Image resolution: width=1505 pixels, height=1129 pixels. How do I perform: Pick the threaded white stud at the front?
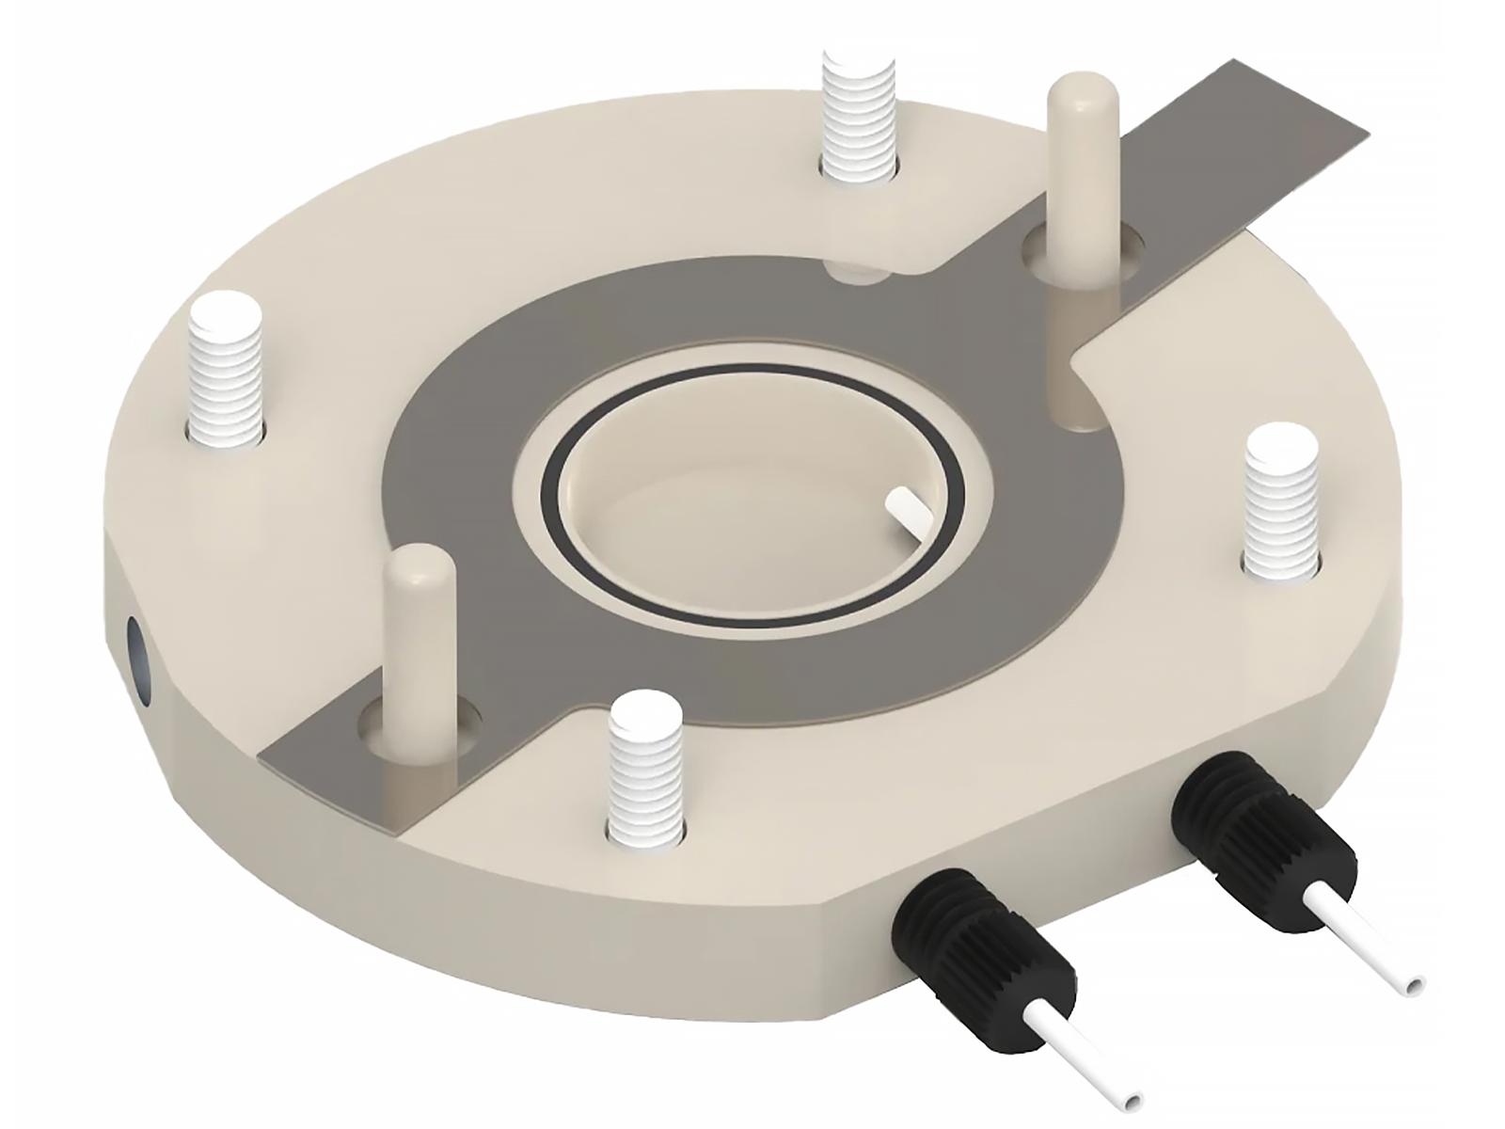(644, 767)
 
